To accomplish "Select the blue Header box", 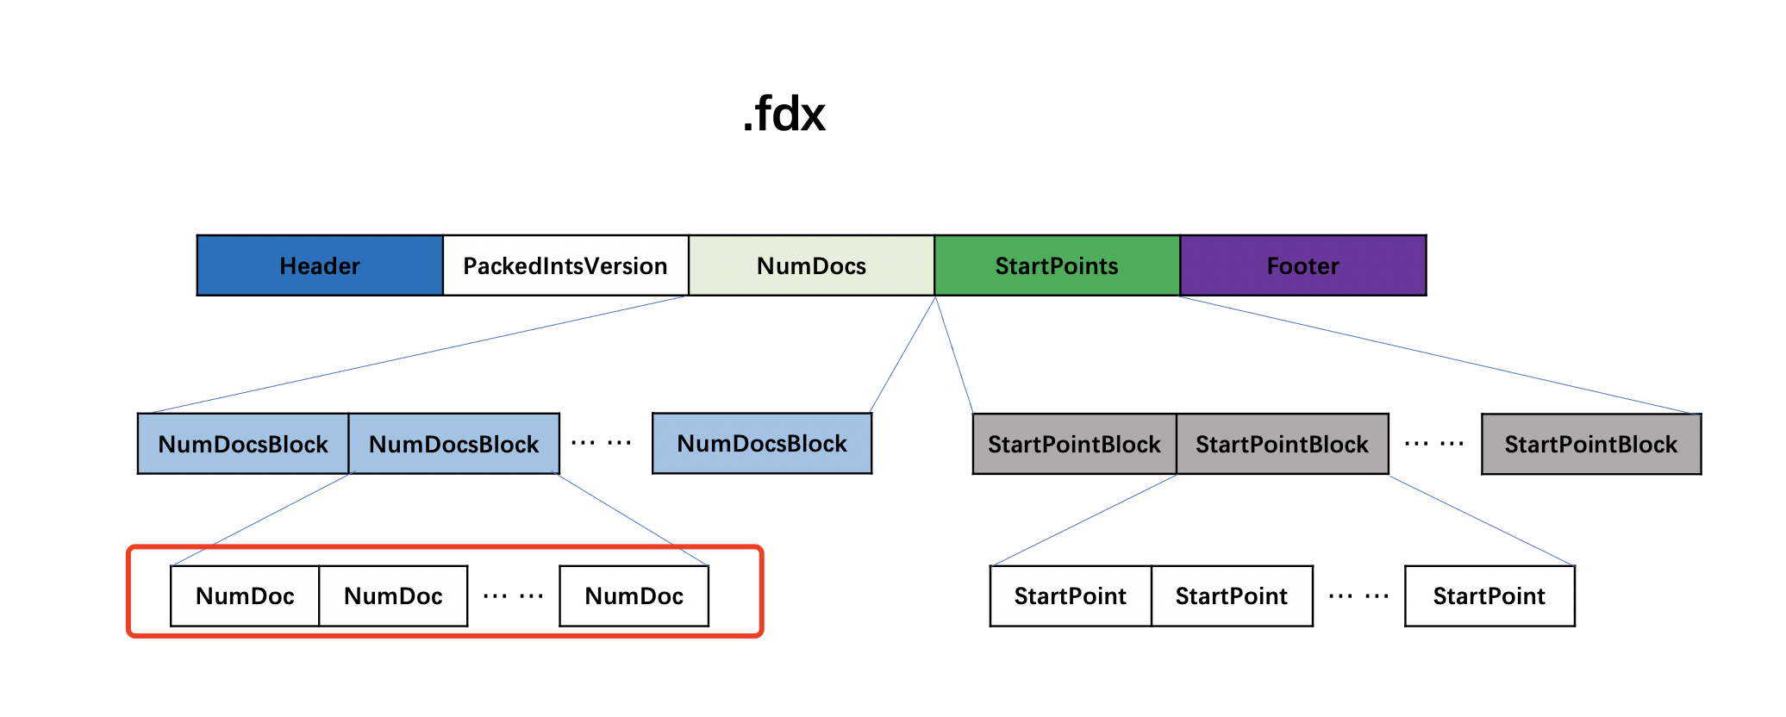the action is [x=320, y=265].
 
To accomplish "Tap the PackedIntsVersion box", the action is [x=565, y=265].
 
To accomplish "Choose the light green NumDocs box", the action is [x=811, y=265].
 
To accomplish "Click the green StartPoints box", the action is [x=1057, y=265].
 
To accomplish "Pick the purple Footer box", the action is [x=1303, y=265].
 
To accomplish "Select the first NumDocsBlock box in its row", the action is [x=243, y=444].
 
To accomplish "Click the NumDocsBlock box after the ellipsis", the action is [x=762, y=443].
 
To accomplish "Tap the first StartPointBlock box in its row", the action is [x=1074, y=444].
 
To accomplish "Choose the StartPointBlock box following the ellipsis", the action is [x=1591, y=444].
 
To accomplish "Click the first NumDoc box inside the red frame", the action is [x=245, y=595].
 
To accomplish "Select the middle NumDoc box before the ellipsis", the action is [x=393, y=595].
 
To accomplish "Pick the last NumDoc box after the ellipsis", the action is [x=634, y=595].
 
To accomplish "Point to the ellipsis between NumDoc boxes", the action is [x=513, y=595].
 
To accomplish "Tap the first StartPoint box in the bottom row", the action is [x=1071, y=595].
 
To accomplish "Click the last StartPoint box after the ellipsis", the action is [x=1489, y=595].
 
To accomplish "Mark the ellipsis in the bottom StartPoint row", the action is [x=1358, y=595].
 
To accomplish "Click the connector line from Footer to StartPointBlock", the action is [x=1439, y=355].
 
